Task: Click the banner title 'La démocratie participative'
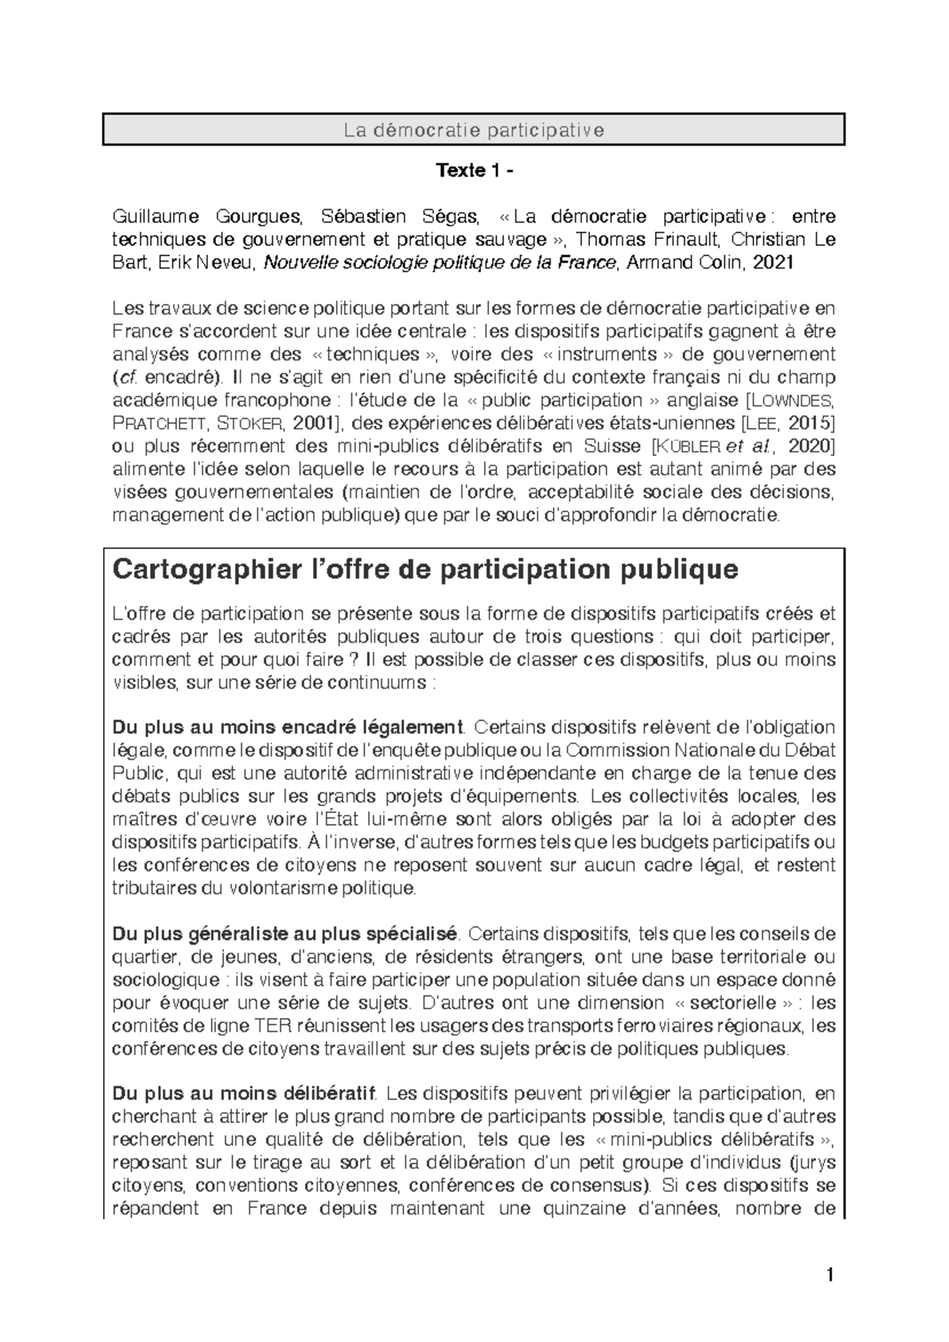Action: pyautogui.click(x=474, y=130)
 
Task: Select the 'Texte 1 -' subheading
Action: pyautogui.click(x=474, y=171)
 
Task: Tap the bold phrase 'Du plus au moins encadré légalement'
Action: pyautogui.click(x=287, y=726)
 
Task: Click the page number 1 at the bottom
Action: pyautogui.click(x=829, y=1276)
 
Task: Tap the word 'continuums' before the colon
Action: pyautogui.click(x=383, y=683)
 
